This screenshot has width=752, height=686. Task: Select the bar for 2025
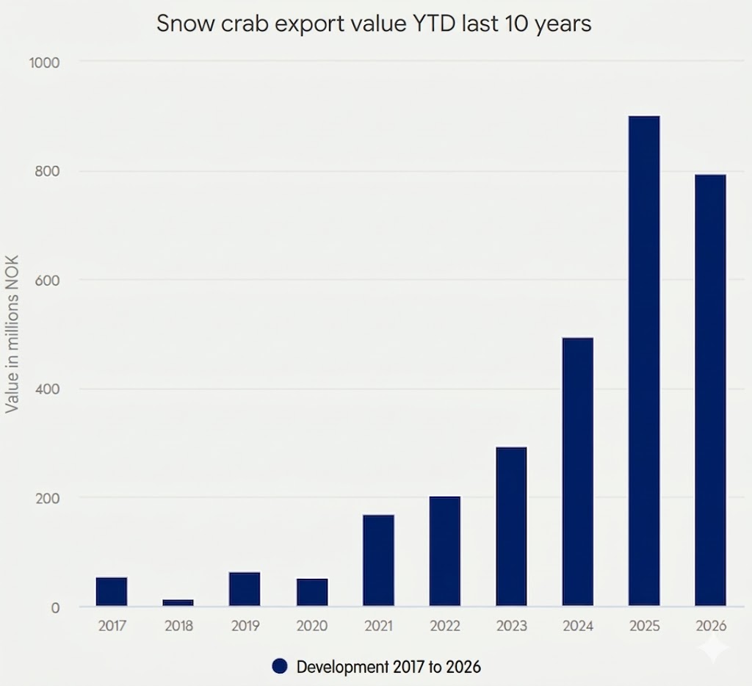(x=644, y=361)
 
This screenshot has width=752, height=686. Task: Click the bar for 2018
(x=178, y=602)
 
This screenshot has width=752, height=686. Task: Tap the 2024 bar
(x=578, y=472)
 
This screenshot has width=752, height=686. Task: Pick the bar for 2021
(x=378, y=560)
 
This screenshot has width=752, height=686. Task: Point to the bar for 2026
(x=710, y=390)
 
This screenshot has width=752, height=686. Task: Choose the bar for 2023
(x=511, y=526)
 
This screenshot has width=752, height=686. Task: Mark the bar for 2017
(x=112, y=591)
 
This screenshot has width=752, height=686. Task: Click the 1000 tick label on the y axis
(x=43, y=62)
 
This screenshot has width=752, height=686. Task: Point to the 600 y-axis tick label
(x=46, y=280)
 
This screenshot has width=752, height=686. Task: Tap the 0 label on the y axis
(x=54, y=607)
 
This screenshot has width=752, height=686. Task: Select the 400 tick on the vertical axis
(x=46, y=389)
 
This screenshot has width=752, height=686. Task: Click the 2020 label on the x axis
(x=311, y=627)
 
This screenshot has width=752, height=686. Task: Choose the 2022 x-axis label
(x=444, y=627)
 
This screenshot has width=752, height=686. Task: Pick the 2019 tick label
(x=245, y=627)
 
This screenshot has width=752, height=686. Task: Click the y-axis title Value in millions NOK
(x=12, y=334)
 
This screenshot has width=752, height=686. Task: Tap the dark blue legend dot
(x=279, y=666)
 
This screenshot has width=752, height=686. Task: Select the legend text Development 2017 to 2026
(x=388, y=667)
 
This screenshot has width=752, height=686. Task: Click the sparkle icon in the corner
(x=714, y=650)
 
